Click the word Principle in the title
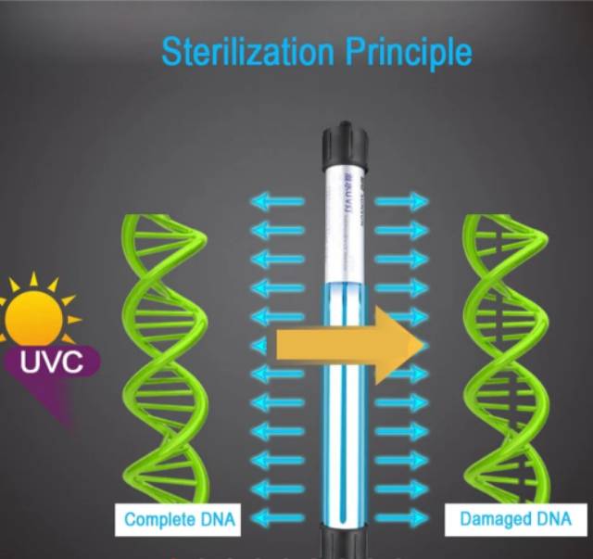coord(409,52)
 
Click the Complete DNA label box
coord(180,519)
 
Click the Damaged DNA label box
coord(516,519)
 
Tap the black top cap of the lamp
coord(345,145)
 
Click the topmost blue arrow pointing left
coord(278,200)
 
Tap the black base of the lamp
coord(345,547)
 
